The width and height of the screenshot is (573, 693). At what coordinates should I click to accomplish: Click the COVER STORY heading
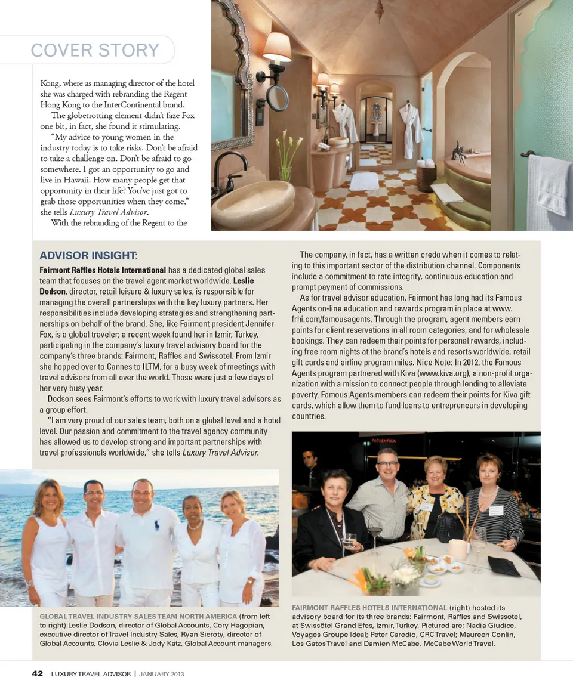(x=95, y=50)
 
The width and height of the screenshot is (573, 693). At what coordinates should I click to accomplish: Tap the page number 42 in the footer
(x=37, y=673)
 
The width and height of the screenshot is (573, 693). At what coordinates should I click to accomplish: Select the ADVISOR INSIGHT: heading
(x=88, y=256)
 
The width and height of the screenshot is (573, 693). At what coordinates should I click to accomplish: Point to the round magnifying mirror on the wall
(x=278, y=97)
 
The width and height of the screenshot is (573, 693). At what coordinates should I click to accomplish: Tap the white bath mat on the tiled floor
(x=364, y=181)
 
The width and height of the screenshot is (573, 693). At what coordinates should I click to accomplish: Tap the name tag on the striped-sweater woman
(x=496, y=511)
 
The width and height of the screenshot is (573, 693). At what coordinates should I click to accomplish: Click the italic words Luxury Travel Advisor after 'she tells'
(x=220, y=453)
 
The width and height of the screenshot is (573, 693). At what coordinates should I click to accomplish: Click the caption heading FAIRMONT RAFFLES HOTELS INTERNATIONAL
(x=369, y=608)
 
